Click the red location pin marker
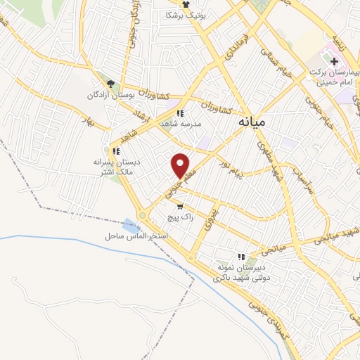181,165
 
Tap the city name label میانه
251,122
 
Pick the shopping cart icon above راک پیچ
181,207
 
